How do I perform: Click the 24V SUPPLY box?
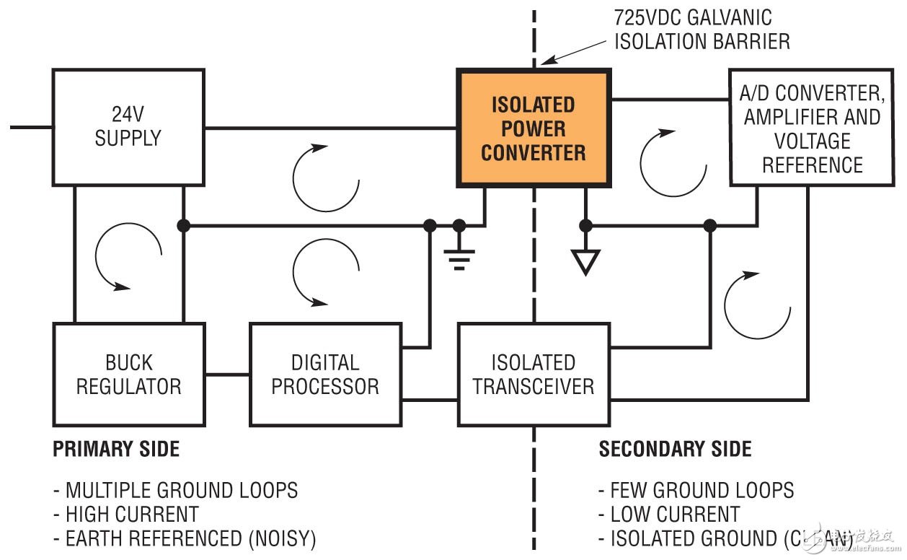[128, 127]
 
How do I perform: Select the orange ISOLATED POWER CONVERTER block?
[534, 128]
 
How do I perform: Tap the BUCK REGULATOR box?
[128, 374]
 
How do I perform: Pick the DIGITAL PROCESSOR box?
[325, 374]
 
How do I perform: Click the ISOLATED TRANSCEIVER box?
[534, 374]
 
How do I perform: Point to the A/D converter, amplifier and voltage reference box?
[812, 128]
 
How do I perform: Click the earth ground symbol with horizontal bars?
[459, 253]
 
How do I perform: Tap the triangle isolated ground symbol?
[585, 261]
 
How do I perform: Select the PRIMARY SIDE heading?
[116, 450]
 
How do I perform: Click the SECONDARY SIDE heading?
[675, 450]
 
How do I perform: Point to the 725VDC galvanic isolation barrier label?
[702, 29]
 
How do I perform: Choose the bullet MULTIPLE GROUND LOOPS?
[175, 491]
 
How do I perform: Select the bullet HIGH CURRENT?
[125, 515]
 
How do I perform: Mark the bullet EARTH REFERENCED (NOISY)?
[184, 538]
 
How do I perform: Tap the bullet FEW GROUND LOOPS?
[696, 491]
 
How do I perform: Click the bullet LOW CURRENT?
[668, 515]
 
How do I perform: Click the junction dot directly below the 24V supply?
[183, 226]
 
